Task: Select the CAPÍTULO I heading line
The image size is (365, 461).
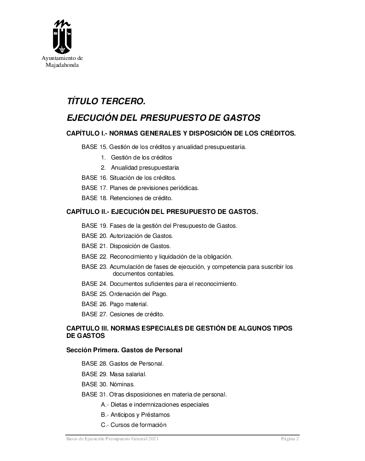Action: tap(181, 134)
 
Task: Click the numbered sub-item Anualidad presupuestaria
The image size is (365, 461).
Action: tap(140, 168)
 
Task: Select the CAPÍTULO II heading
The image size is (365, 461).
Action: tap(162, 212)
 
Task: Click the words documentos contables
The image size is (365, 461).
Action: tap(143, 274)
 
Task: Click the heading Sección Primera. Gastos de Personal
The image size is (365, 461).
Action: tap(124, 350)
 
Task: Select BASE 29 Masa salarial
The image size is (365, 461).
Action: tap(114, 374)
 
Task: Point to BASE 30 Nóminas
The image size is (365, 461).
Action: tap(109, 384)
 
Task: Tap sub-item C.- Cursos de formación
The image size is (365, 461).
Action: tap(134, 425)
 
